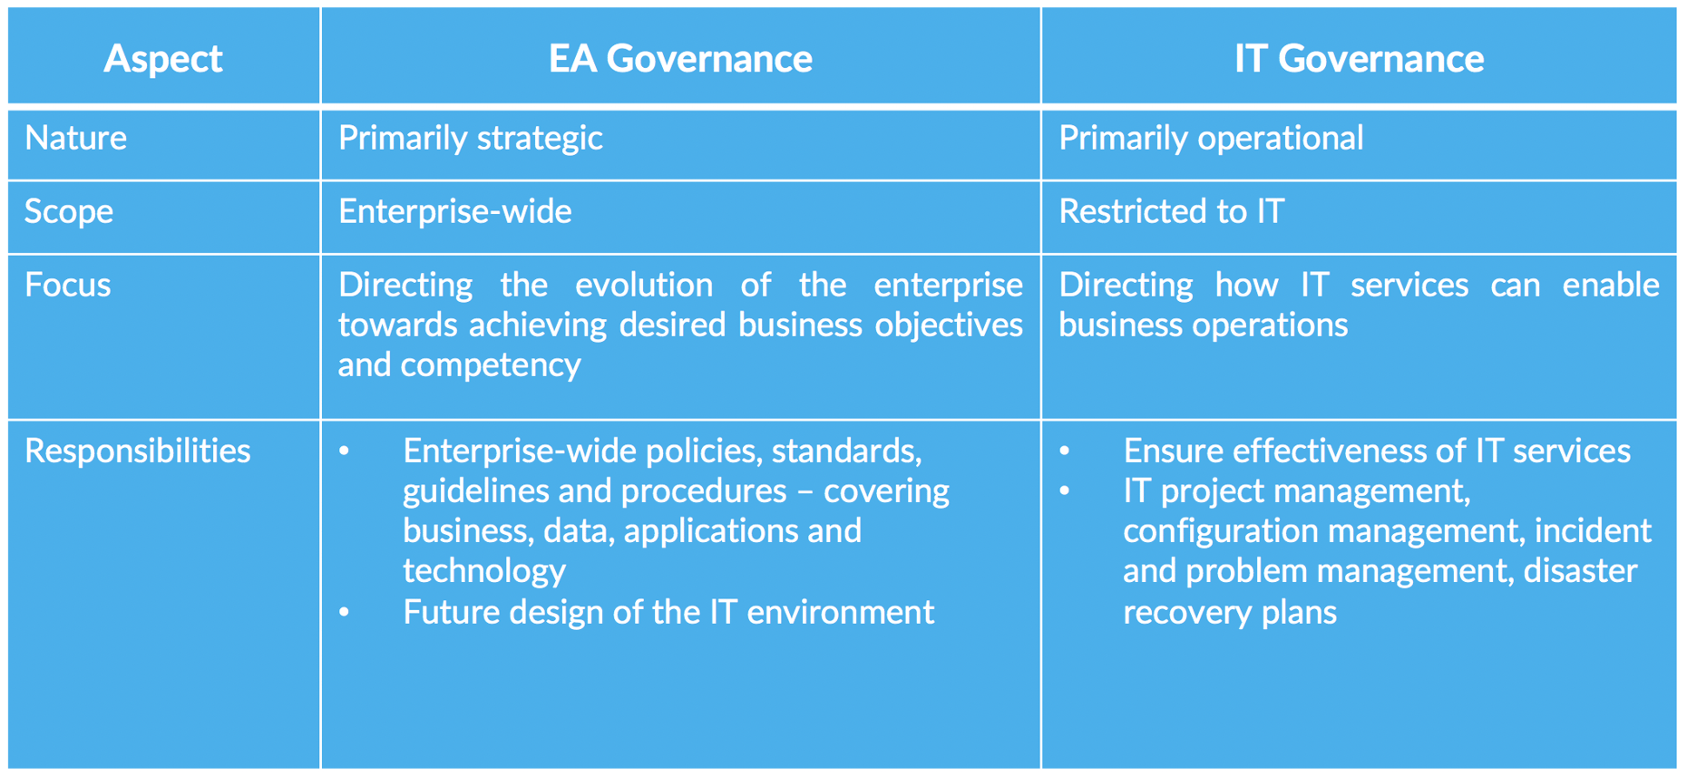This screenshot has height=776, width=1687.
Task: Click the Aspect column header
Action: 163,59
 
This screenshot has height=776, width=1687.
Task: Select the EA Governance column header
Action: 680,59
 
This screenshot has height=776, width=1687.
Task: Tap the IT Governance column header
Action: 1359,59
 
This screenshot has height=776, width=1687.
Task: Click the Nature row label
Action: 76,138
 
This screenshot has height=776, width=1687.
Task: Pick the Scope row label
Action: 69,211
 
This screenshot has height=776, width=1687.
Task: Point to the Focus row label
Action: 68,285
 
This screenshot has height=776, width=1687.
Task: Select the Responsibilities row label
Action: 138,451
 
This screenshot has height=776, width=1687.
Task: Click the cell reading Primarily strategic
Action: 470,138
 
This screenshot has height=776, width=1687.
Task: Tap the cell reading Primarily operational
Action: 1211,138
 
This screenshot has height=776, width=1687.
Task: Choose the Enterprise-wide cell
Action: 454,211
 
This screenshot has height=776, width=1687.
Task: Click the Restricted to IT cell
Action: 1171,211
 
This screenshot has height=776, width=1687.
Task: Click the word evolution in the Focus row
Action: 643,285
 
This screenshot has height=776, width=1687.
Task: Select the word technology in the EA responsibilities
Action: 484,570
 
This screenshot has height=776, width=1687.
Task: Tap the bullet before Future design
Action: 345,613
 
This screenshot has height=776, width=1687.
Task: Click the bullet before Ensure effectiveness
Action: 1065,451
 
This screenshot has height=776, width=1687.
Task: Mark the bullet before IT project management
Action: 1065,491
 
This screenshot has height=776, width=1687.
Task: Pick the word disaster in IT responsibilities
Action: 1581,570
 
